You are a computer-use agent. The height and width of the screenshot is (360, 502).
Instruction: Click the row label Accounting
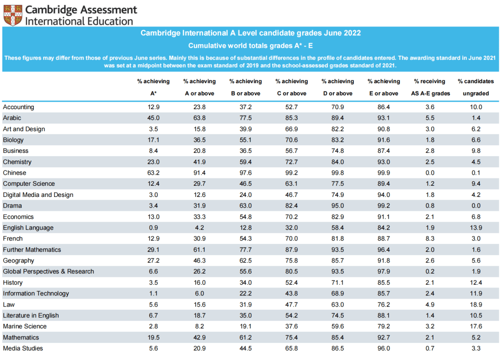pos(19,107)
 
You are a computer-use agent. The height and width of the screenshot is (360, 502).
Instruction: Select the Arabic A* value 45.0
pos(153,118)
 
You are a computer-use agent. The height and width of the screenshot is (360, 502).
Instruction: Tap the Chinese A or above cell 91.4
pos(200,173)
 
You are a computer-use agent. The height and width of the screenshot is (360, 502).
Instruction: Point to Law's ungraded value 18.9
pos(476,305)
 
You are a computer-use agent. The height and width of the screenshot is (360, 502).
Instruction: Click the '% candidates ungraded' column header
pos(476,87)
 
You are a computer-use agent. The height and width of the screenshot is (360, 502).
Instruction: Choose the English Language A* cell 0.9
pos(153,228)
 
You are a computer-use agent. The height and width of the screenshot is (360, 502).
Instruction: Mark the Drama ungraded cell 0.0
pos(476,206)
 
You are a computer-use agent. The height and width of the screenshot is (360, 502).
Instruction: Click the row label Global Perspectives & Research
pos(48,272)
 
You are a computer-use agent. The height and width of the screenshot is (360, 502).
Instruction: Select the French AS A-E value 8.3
pos(430,239)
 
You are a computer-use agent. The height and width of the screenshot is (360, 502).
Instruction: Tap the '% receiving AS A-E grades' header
pos(430,87)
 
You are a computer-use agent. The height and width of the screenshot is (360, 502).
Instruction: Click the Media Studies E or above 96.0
pos(384,348)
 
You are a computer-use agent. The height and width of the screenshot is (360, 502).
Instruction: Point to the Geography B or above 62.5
pos(245,261)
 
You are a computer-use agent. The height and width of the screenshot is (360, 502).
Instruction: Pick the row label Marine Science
pos(25,327)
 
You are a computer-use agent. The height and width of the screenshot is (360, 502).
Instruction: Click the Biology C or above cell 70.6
pos(292,140)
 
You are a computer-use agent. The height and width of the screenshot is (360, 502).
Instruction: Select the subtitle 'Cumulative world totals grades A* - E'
pos(251,46)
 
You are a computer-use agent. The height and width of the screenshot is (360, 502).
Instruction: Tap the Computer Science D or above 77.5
pos(338,184)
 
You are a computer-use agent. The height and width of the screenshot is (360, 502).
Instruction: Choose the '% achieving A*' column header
pos(153,87)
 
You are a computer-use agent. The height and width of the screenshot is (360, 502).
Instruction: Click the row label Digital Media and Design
pos(38,195)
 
